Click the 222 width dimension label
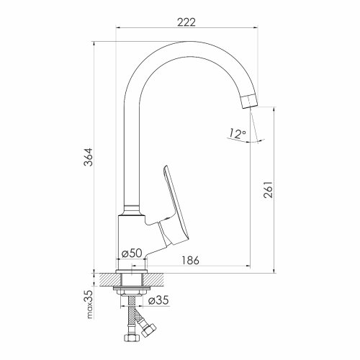tap(186, 22)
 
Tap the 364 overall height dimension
tap(88, 157)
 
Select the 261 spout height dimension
tap(268, 189)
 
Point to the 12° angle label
tap(236, 133)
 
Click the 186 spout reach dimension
tap(190, 260)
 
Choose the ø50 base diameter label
tap(132, 253)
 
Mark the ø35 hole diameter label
tap(158, 300)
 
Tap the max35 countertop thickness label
tap(89, 305)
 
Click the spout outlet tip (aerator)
tap(250, 102)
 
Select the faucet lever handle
tap(174, 207)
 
